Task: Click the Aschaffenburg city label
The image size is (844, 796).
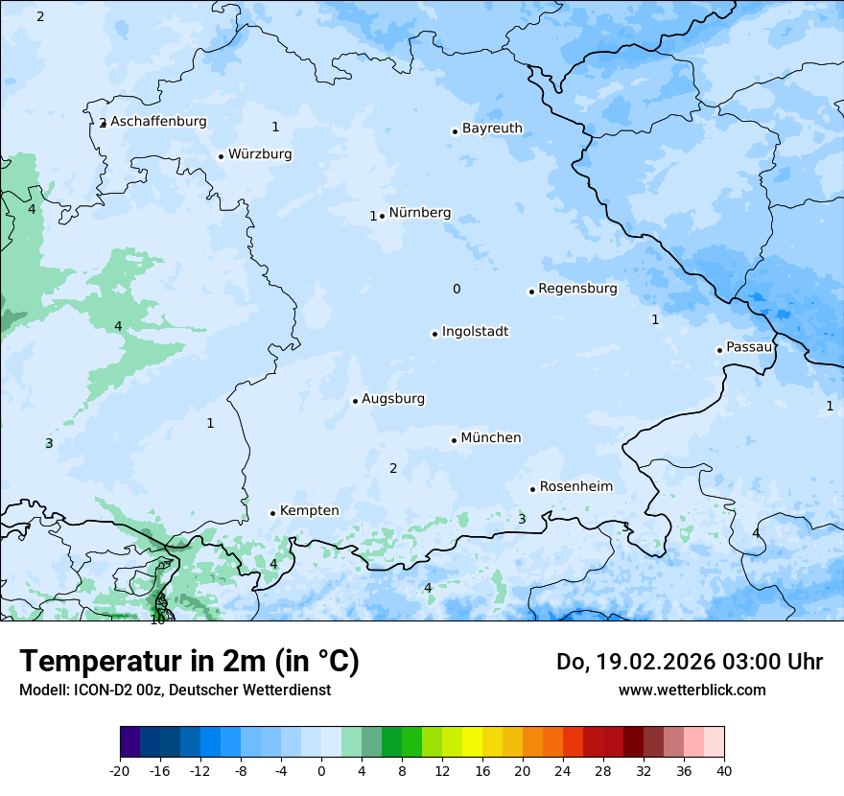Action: [158, 122]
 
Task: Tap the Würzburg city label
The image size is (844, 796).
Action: [260, 154]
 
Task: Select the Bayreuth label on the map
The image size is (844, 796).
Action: [492, 129]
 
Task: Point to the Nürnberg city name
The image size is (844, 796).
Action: [419, 213]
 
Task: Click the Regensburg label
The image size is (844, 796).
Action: [577, 289]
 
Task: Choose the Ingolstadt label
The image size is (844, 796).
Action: [475, 332]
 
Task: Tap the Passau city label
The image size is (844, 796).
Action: [749, 347]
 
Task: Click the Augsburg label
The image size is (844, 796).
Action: [393, 399]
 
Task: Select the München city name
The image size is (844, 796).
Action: [491, 438]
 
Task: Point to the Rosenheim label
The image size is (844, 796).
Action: [575, 487]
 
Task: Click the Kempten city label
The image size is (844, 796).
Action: [309, 511]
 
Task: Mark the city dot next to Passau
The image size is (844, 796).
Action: [719, 350]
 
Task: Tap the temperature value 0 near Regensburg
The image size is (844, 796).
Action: [457, 290]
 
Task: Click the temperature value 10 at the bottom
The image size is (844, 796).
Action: [157, 620]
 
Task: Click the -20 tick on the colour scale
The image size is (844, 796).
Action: [120, 770]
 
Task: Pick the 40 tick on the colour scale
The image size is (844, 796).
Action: [723, 770]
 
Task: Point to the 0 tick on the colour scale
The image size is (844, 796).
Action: [321, 770]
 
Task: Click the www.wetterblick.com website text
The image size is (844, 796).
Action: [692, 690]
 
